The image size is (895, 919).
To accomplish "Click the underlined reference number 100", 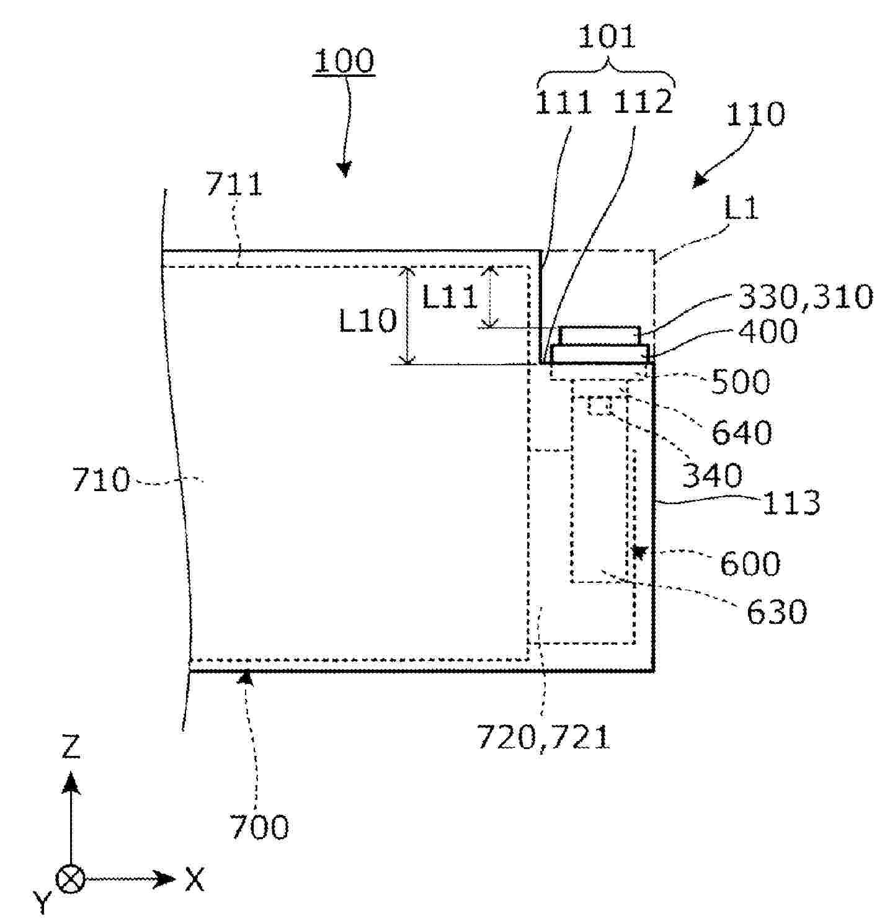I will click(x=344, y=61).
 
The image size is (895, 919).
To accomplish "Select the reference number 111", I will click(x=563, y=102).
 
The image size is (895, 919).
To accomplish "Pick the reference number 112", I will click(x=643, y=102).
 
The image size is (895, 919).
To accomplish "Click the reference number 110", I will click(x=755, y=114).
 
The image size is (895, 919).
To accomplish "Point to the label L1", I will click(x=741, y=210).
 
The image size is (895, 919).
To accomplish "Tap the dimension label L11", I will click(x=450, y=297).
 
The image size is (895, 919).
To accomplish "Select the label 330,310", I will click(x=805, y=297).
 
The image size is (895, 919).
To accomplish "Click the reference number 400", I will click(x=768, y=332).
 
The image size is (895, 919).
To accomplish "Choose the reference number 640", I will click(x=741, y=432).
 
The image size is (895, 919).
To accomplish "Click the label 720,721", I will click(x=543, y=737).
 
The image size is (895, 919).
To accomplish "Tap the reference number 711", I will click(x=234, y=185).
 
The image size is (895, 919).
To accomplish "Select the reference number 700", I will click(x=259, y=827).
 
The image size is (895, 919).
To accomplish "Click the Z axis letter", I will click(x=71, y=747).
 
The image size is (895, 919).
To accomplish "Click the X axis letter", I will click(x=194, y=879).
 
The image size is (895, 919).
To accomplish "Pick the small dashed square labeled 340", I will click(x=600, y=406).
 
